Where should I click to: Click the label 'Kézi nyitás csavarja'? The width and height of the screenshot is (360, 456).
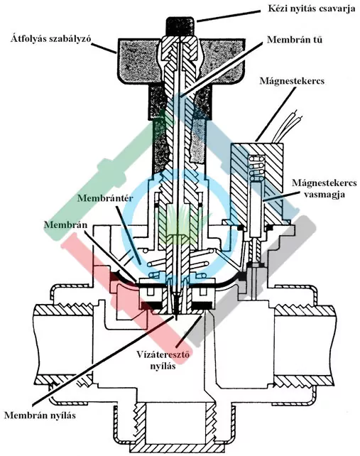(311, 8)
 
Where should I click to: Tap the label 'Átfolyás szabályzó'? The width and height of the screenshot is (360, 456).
(51, 38)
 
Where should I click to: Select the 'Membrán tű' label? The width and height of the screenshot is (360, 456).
(294, 39)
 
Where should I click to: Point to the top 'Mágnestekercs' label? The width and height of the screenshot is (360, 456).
(292, 80)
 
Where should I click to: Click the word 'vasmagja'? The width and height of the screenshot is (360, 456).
(324, 194)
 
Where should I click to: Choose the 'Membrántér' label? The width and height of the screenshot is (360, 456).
(105, 198)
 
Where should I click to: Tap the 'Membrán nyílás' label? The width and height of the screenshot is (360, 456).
(40, 415)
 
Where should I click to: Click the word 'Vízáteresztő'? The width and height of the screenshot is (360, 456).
(163, 354)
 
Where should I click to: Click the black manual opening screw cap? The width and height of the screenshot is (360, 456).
(180, 26)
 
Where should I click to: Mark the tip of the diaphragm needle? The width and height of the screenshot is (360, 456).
(176, 319)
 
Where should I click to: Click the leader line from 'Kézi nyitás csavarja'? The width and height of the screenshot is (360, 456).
(228, 16)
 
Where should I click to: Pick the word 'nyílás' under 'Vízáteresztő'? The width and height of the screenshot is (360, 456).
(163, 366)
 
